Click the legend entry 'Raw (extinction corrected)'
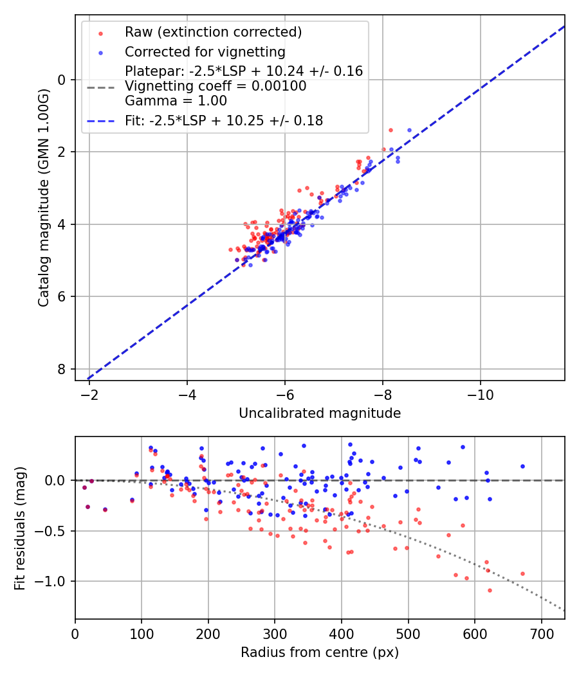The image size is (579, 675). pos(213,32)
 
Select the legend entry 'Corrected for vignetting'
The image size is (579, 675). pos(205,51)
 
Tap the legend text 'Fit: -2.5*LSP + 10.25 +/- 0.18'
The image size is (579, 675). pos(224,120)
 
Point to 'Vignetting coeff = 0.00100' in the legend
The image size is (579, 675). pos(216,86)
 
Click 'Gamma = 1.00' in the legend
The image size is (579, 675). pos(176,101)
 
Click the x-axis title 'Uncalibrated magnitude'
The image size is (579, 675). pos(320,413)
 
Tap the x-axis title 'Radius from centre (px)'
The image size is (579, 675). pos(320,652)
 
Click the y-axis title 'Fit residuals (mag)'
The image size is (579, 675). pos(20,528)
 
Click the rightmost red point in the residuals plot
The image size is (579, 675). pos(522,573)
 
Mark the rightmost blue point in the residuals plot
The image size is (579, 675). pos(522,466)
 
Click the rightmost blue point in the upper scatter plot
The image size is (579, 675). pos(409,130)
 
